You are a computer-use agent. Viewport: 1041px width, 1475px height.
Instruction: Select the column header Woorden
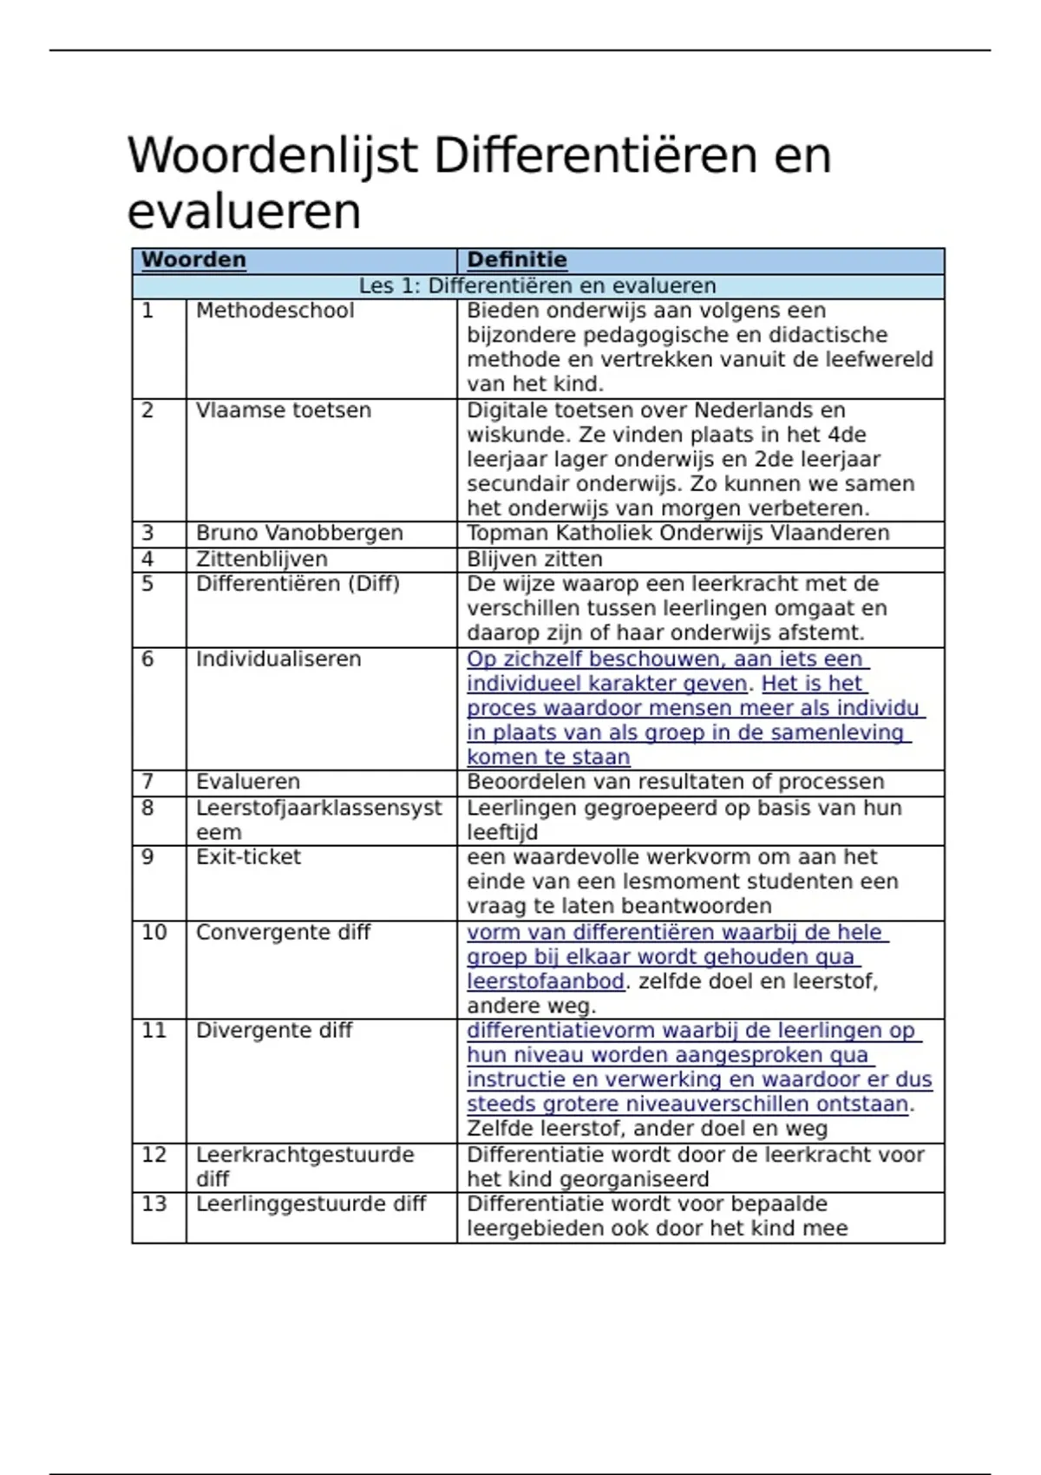[193, 259]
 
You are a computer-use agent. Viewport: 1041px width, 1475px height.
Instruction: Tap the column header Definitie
[516, 259]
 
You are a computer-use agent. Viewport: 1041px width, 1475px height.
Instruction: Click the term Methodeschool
[275, 311]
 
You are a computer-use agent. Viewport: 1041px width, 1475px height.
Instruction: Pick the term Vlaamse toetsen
[283, 410]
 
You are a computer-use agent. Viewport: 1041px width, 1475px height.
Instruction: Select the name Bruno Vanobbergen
[299, 533]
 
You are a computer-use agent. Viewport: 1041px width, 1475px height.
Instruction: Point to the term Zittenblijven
[261, 559]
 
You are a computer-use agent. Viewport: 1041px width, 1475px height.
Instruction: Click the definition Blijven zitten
[534, 559]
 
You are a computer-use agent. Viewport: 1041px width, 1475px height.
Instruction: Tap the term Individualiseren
[278, 659]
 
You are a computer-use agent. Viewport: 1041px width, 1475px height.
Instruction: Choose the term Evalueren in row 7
[247, 782]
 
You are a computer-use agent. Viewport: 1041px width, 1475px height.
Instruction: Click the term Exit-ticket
[248, 857]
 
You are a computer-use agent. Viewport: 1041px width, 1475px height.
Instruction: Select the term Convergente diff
[283, 932]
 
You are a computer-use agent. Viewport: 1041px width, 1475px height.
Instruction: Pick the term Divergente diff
[274, 1031]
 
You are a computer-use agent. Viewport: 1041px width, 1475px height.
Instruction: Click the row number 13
[154, 1204]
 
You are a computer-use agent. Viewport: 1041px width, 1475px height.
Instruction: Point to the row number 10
[154, 932]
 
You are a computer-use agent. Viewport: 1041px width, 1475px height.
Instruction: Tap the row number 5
[147, 584]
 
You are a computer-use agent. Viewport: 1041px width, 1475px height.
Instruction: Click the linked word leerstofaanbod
[546, 981]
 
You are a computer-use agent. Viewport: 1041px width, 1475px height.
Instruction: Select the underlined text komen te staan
[548, 757]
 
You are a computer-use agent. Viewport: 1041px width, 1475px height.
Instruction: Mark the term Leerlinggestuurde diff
[311, 1204]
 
